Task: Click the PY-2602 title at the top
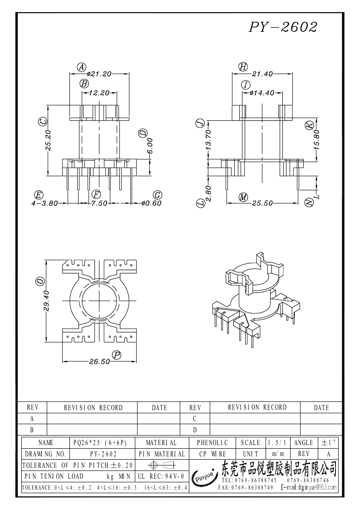coord(283,27)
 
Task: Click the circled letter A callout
coord(81,67)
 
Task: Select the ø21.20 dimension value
coord(99,74)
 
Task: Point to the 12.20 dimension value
coord(99,93)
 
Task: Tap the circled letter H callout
coord(243,67)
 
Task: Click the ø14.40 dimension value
coord(262,93)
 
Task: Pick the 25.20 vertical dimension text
coord(48,140)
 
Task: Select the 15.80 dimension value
coord(317,139)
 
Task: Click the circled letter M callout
coord(243,197)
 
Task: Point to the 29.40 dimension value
coord(46,301)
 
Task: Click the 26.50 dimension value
coord(99,361)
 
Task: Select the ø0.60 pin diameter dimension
coord(152,203)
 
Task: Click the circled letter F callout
coord(96,194)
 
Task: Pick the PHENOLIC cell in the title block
coord(212,443)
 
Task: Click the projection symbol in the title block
coord(161,465)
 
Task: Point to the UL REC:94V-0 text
coord(161,476)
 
